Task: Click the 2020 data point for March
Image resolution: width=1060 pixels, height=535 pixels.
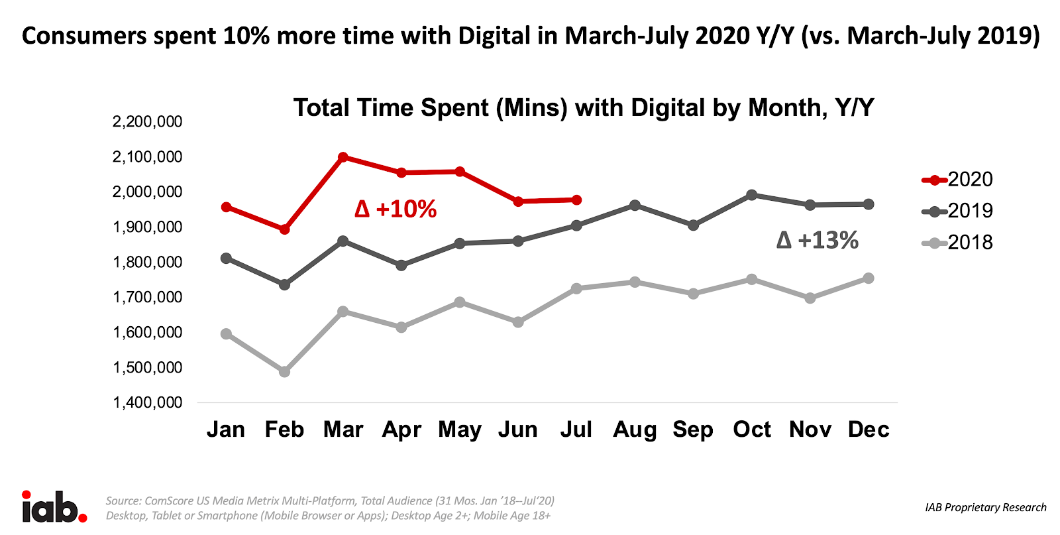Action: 343,157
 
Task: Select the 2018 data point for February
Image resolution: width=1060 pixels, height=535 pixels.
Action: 284,372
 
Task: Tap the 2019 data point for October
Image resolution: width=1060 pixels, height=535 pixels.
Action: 752,195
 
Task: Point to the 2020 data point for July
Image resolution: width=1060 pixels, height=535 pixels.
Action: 576,200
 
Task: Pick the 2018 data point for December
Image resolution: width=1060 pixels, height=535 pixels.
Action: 869,278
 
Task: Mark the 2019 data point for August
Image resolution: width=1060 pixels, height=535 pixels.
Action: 635,206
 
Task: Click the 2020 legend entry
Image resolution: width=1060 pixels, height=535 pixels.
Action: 957,180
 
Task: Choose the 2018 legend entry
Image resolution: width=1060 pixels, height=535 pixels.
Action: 957,243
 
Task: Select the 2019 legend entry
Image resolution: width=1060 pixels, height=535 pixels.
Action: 957,211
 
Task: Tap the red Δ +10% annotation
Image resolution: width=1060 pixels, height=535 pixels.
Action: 396,209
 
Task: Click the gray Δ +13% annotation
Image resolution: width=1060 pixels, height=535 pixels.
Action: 817,240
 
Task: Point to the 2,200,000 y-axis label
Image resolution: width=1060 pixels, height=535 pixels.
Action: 147,122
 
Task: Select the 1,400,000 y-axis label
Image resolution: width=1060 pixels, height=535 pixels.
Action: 147,402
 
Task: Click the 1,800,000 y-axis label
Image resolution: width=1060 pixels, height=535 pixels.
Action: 147,263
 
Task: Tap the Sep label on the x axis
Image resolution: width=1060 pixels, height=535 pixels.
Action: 693,430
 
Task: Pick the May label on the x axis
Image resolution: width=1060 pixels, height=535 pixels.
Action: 460,430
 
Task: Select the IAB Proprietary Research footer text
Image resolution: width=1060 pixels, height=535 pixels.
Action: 985,507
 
